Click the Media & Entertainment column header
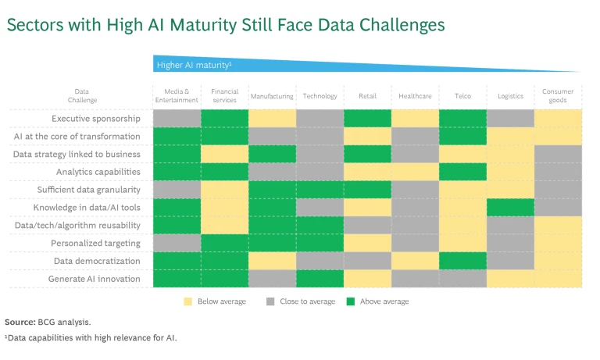click(177, 96)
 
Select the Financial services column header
click(224, 96)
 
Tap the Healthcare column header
click(414, 96)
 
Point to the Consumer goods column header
click(557, 96)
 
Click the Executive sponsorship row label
click(96, 119)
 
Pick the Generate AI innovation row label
click(95, 279)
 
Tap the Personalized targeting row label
click(96, 243)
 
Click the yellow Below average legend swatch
click(187, 301)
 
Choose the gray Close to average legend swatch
click(270, 301)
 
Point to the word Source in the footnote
click(19, 322)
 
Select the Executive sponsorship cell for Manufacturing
click(272, 119)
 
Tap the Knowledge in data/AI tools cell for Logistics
click(510, 208)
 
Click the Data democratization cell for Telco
click(462, 261)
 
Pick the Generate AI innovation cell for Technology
click(320, 279)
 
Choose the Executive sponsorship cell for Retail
click(367, 119)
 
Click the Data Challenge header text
click(81, 96)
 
